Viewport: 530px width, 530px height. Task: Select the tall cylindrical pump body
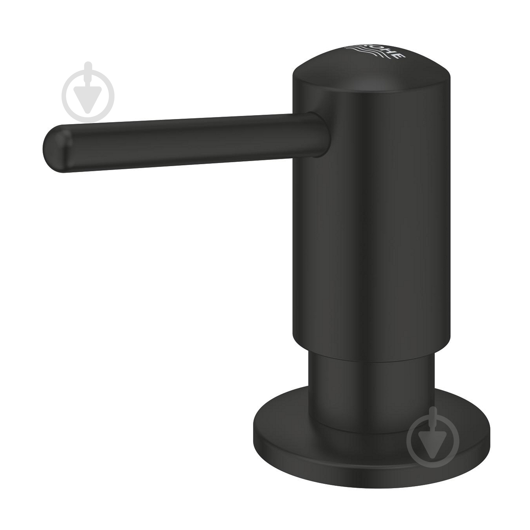tap(371, 212)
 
